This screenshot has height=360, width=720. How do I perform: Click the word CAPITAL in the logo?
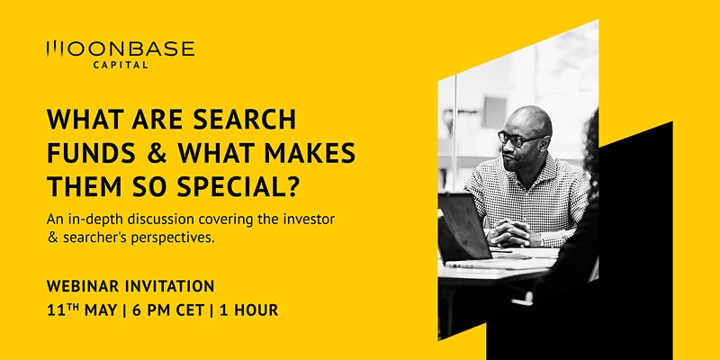(121, 65)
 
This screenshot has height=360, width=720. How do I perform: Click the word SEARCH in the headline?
(244, 120)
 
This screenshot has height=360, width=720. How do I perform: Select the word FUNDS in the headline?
(91, 153)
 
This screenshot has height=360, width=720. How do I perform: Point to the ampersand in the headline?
(157, 153)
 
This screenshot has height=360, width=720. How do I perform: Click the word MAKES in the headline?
(310, 153)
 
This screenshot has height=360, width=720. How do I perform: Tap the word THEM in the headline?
(79, 186)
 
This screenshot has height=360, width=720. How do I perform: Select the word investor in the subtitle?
(312, 220)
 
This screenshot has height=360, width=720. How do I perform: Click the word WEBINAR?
(83, 286)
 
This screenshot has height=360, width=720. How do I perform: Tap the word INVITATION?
(169, 286)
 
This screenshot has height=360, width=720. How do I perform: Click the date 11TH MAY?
(82, 310)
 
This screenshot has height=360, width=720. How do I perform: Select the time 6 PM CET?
(168, 310)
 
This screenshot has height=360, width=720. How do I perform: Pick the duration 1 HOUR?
(249, 310)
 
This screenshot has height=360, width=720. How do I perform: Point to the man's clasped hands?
(509, 233)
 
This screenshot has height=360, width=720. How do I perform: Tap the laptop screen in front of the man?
(463, 225)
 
